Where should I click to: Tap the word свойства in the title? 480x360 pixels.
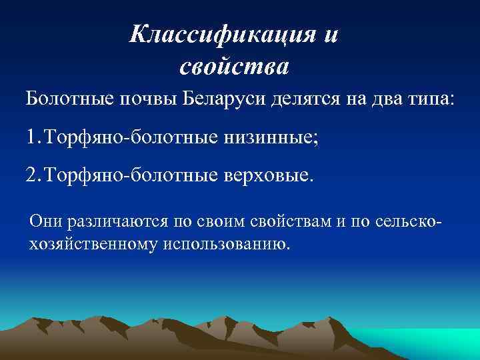[x=234, y=66]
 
